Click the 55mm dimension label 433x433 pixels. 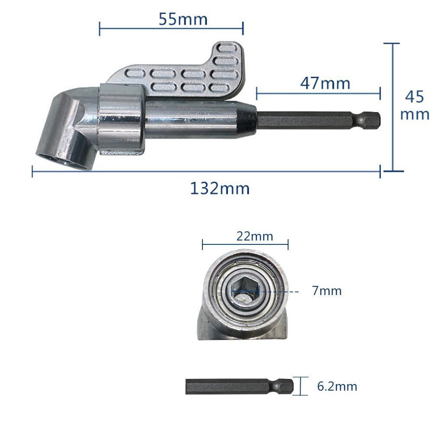pos(183,19)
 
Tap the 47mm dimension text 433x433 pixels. pos(325,83)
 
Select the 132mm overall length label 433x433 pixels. pos(220,188)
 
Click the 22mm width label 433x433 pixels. pos(255,236)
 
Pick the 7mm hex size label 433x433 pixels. pos(327,291)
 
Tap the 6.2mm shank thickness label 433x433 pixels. pos(337,386)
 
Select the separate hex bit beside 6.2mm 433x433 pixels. pos(239,386)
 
